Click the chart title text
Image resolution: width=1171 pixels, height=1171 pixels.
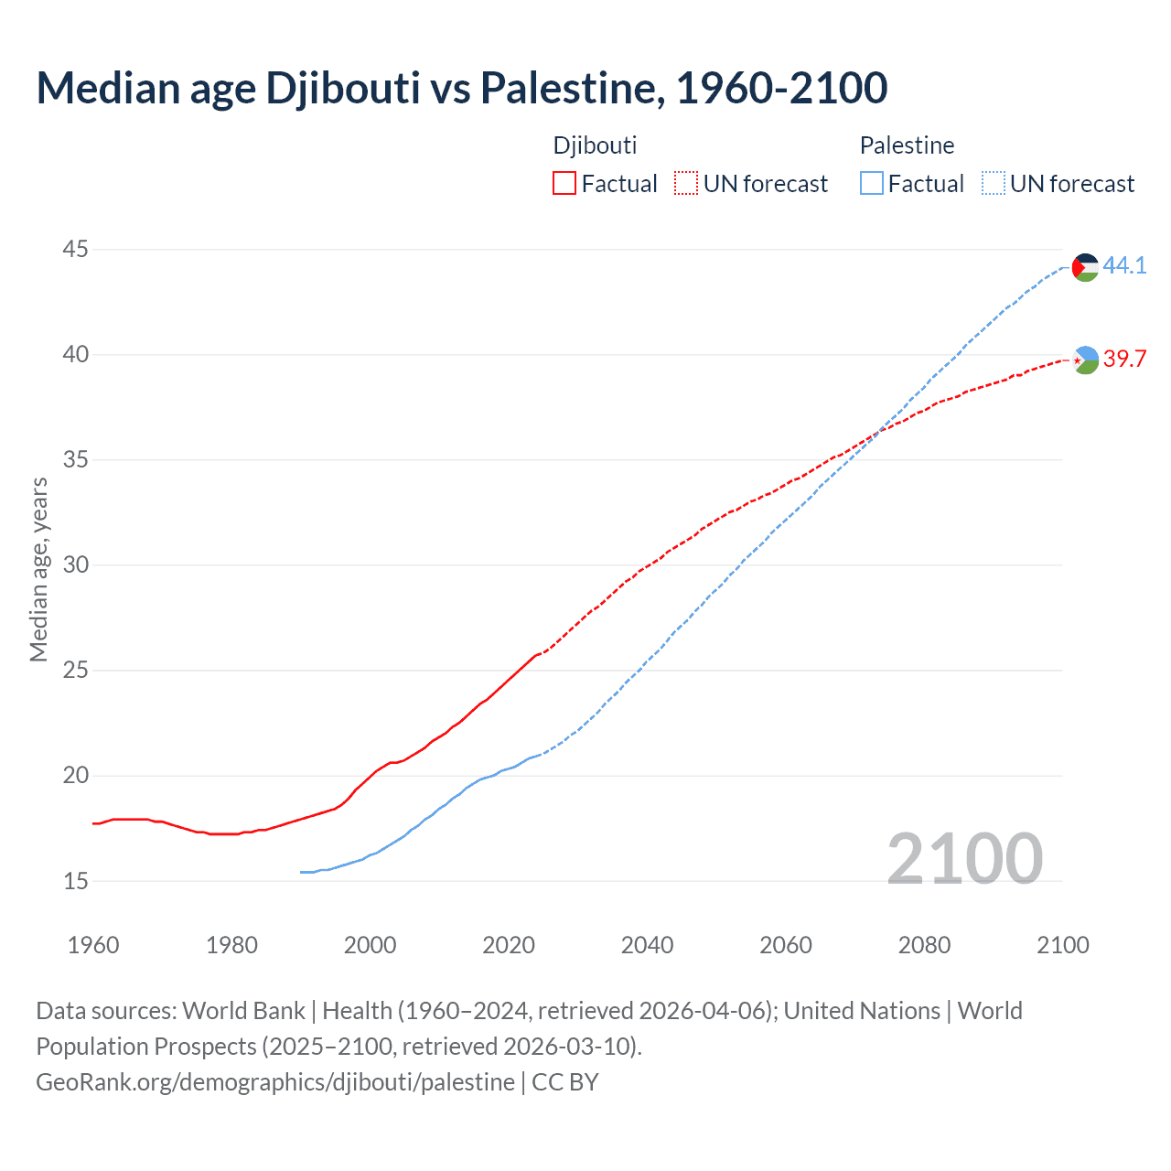(x=461, y=88)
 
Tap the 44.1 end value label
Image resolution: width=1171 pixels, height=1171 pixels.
(x=1124, y=265)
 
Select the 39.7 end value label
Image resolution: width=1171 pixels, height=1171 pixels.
(x=1124, y=359)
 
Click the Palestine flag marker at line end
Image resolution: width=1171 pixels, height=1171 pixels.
(x=1085, y=267)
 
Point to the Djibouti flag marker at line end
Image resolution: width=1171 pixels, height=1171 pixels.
(x=1085, y=360)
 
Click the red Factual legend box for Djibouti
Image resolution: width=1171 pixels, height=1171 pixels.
(x=564, y=183)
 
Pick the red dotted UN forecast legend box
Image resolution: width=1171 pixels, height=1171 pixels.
(x=686, y=183)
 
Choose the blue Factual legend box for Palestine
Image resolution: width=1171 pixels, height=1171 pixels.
(x=872, y=183)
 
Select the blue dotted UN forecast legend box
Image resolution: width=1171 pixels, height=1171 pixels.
(x=993, y=183)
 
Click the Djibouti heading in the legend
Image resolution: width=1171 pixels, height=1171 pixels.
(x=595, y=145)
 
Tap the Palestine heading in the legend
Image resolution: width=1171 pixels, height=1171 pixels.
(x=907, y=145)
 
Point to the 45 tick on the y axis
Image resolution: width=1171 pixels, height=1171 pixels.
(x=76, y=249)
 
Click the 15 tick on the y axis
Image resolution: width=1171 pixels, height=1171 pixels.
(x=76, y=881)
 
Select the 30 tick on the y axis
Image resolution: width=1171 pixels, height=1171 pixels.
(x=76, y=565)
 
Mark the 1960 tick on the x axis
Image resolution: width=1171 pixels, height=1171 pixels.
(x=93, y=945)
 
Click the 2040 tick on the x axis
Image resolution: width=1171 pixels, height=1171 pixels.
(x=647, y=945)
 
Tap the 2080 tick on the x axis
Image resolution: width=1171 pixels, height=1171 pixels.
(x=924, y=945)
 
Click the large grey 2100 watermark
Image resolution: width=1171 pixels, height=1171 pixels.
(x=964, y=858)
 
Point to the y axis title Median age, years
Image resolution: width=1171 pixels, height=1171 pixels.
(x=38, y=569)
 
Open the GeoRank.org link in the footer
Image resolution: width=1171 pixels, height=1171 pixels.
(x=274, y=1082)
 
